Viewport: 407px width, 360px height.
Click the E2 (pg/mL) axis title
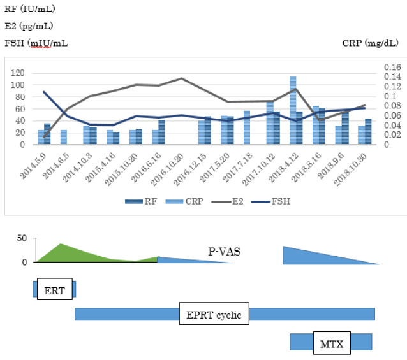coord(28,26)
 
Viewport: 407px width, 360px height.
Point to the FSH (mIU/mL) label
coord(36,43)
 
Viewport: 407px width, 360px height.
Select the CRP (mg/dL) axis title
coord(370,43)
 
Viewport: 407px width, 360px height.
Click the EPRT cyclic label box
coord(213,313)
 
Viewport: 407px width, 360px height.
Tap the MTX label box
coord(331,345)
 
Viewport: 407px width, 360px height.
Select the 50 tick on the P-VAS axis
coord(22,239)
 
